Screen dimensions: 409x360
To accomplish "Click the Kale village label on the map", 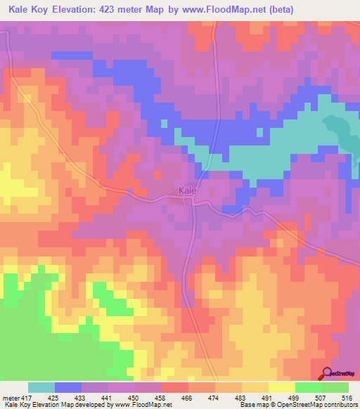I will click(x=187, y=190).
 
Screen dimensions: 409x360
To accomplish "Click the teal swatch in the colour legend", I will click(x=41, y=388).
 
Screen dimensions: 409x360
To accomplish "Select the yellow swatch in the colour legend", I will click(x=281, y=388).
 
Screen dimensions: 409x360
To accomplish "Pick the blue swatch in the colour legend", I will click(x=68, y=388).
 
